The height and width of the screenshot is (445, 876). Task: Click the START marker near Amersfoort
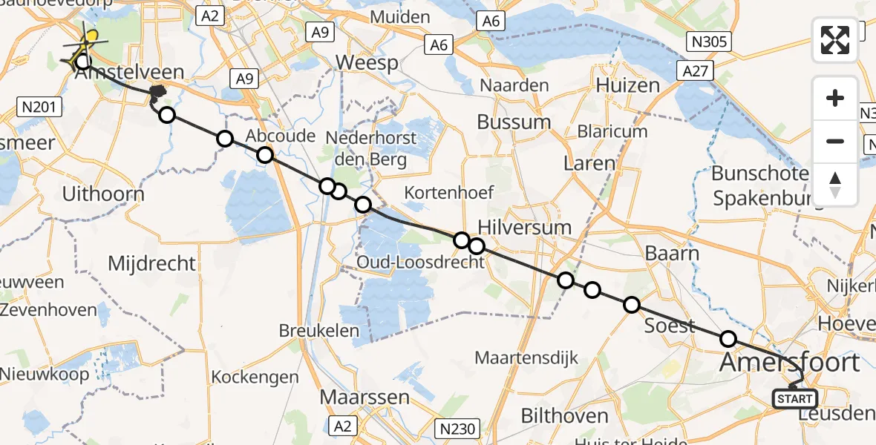[x=794, y=399]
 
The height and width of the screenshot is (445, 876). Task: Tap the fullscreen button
[x=835, y=40]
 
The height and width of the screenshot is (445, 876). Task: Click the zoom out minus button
[x=835, y=141]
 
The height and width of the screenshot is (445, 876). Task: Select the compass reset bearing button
[x=835, y=184]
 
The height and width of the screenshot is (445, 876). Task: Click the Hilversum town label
[x=525, y=227]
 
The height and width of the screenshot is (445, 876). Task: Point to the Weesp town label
[x=367, y=63]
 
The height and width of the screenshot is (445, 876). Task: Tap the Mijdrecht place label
[x=151, y=263]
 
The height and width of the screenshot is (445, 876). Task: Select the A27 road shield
[x=696, y=70]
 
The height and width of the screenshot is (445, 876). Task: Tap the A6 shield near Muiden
[x=438, y=45]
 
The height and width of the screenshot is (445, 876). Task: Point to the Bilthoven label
[x=564, y=415]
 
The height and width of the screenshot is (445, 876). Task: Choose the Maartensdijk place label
[x=526, y=359]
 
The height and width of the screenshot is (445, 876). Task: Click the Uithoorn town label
[x=103, y=194]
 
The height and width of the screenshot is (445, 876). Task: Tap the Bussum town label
[x=514, y=122]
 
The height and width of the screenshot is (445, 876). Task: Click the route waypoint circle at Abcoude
[x=265, y=155]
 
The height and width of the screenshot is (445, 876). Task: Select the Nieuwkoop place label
[x=45, y=374]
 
